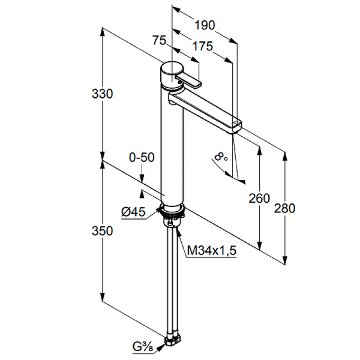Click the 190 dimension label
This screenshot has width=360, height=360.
(205, 25)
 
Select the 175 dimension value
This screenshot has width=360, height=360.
(203, 46)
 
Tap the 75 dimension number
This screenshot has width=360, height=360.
(159, 40)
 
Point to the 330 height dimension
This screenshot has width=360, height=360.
(103, 94)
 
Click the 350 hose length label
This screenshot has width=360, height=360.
(103, 231)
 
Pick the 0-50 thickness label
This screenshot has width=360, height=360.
(142, 157)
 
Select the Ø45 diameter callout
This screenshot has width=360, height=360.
(133, 211)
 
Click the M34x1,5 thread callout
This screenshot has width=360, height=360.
(212, 250)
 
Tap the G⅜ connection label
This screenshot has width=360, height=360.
(143, 347)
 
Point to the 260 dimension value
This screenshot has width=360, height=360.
(259, 199)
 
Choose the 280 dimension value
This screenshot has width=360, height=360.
(284, 208)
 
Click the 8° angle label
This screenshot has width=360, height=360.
(221, 157)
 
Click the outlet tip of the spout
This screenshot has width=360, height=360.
(236, 127)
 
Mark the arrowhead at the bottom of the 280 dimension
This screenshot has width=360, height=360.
(285, 260)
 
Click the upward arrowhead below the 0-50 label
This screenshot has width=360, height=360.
(142, 193)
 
